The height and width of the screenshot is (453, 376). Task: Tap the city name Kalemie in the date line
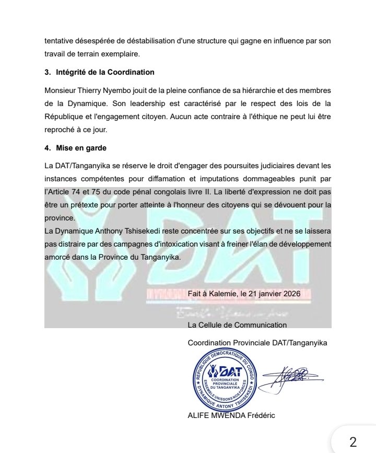(220, 294)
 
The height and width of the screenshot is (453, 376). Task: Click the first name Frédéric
(260, 415)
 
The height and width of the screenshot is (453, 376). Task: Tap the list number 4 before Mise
(47, 148)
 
